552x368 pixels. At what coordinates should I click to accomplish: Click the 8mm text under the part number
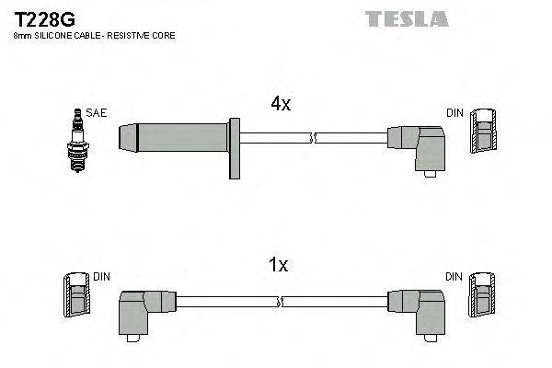20,35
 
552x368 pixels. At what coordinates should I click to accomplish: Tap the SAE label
96,113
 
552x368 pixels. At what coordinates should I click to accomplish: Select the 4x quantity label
281,105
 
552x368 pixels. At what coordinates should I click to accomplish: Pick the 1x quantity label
277,265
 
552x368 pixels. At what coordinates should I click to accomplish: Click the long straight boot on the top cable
175,139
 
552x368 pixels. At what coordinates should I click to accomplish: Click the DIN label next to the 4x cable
454,113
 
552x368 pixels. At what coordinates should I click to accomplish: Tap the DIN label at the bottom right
454,276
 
